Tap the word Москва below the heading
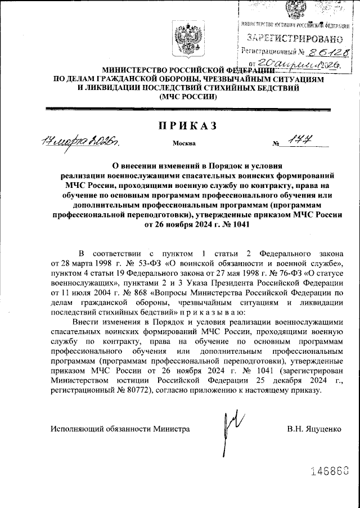point(184,143)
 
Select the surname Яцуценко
point(322,429)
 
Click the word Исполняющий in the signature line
point(75,429)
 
